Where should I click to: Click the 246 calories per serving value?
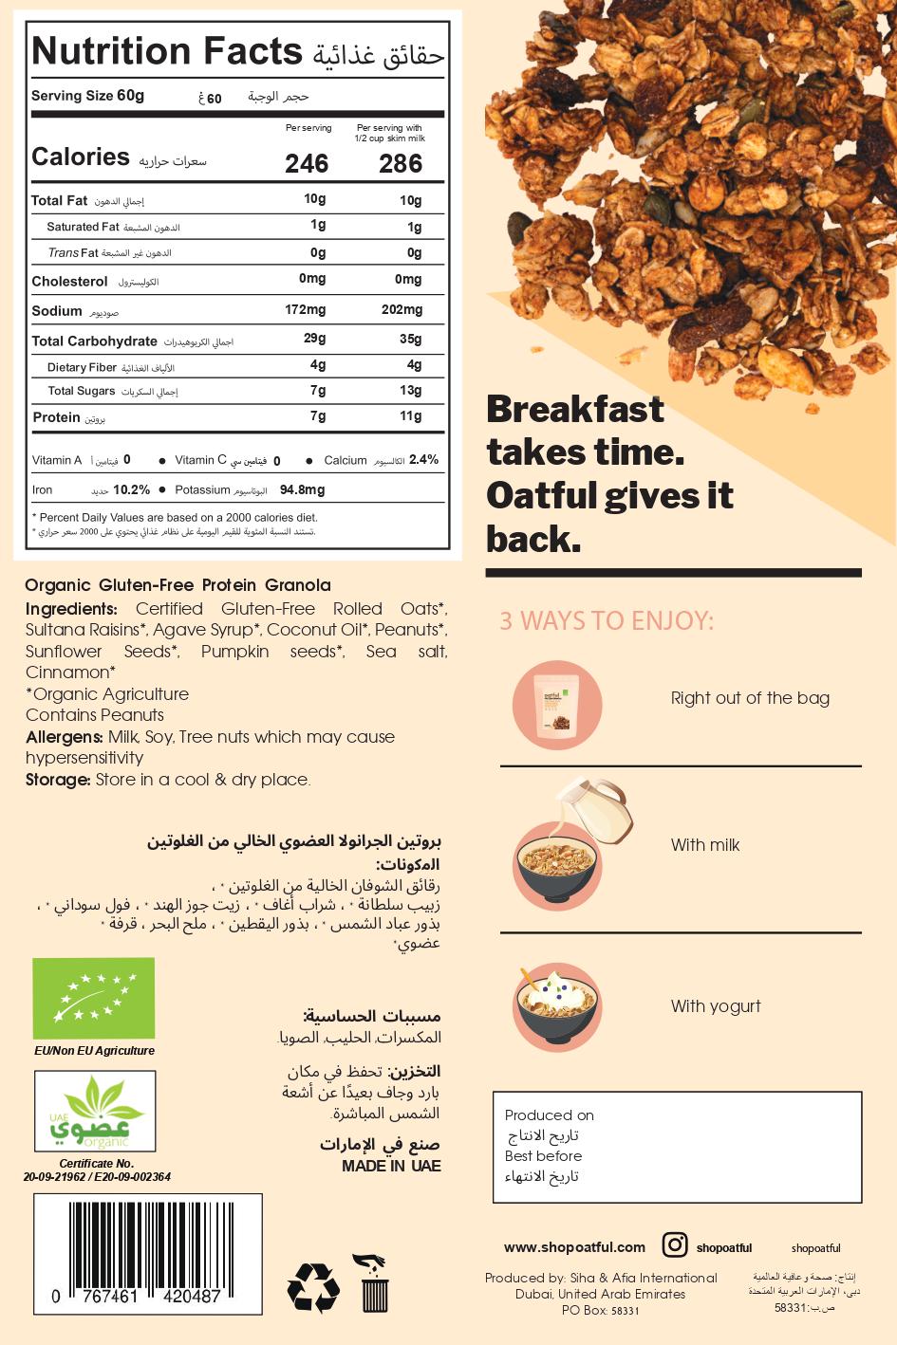click(307, 164)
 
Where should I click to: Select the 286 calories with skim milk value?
click(401, 164)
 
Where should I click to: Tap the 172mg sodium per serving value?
click(306, 309)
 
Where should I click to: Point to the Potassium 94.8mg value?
click(302, 490)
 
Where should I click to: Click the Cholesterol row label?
click(69, 282)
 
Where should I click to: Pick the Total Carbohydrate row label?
click(94, 341)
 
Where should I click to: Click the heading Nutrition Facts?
click(166, 52)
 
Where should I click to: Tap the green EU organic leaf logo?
click(93, 998)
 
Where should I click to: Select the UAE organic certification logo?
click(94, 1111)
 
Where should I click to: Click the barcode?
click(148, 1252)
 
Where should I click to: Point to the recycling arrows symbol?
click(313, 1287)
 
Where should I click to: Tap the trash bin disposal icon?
click(373, 1282)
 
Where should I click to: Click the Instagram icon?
click(674, 1245)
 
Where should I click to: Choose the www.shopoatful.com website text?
click(574, 1247)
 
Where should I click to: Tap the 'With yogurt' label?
click(716, 1006)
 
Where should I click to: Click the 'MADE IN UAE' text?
click(391, 1166)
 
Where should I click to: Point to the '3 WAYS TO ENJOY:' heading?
click(607, 621)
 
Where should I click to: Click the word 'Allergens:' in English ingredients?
click(64, 737)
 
